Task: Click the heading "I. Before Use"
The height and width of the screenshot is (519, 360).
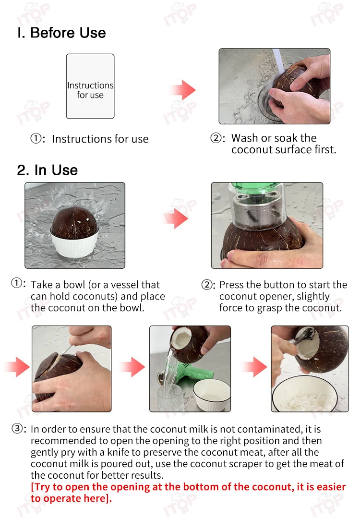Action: (61, 33)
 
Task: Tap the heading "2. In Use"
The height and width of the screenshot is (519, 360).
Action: (48, 170)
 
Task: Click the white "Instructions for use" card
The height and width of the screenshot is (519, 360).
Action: (90, 86)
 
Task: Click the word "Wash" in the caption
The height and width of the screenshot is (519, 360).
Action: (244, 138)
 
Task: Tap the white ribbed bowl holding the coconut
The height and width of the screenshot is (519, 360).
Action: (74, 244)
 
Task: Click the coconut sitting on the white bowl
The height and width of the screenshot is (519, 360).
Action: (75, 222)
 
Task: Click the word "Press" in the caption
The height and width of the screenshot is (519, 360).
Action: (232, 285)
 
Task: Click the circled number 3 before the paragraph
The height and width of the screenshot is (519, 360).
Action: (17, 429)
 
